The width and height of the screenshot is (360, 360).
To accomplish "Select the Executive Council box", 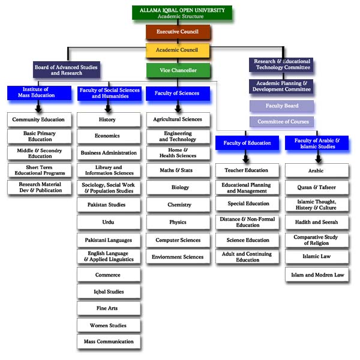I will click(178, 32).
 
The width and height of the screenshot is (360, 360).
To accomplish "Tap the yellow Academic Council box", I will click(178, 50).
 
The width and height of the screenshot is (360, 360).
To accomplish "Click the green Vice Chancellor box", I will click(179, 71).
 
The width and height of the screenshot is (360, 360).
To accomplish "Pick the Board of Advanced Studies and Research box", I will click(66, 70).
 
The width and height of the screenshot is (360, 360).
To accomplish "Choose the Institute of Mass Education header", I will click(38, 92).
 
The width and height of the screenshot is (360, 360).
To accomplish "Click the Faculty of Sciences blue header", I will click(178, 93).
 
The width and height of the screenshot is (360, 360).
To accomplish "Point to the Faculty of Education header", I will click(247, 143).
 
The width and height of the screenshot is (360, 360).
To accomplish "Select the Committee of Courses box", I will click(282, 122).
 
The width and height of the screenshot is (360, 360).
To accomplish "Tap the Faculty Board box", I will click(282, 106).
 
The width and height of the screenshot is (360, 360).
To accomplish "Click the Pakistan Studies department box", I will click(108, 205).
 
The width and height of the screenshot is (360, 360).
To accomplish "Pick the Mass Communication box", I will click(108, 342).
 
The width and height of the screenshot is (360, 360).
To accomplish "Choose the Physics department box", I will click(178, 223).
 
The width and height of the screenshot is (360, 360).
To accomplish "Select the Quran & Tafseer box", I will click(316, 188).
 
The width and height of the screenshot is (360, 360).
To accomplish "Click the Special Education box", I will click(247, 204).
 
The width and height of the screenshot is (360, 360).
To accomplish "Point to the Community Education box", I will click(38, 119).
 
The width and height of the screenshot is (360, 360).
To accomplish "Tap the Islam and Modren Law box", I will click(316, 275).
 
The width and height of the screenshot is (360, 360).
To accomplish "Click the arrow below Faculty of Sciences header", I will click(178, 107).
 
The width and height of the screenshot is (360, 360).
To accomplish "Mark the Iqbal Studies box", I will click(108, 292).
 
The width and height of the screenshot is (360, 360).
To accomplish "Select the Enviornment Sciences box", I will click(178, 257).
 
